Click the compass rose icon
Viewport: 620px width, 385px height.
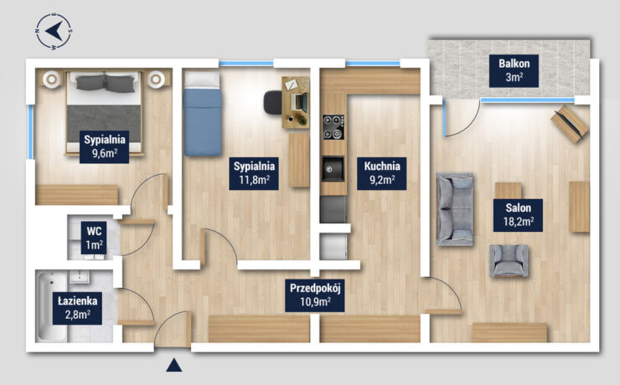tap(54, 31)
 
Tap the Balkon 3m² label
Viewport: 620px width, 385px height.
tap(514, 70)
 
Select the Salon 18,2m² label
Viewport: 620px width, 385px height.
tap(518, 215)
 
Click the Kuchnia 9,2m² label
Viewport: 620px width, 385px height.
tap(382, 173)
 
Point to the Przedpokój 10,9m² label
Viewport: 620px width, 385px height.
tap(315, 295)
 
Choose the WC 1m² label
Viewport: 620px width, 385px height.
tap(94, 238)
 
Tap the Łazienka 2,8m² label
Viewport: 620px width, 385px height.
tap(77, 308)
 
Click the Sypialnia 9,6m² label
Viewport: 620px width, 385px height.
tap(105, 147)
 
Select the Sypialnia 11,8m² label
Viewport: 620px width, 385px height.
tap(254, 173)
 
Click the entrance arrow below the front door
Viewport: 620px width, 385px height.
tap(174, 366)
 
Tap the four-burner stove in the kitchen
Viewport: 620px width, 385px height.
tap(333, 127)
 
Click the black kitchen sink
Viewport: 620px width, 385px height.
tap(333, 169)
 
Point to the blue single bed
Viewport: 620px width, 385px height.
tap(202, 114)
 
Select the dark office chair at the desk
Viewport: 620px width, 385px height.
tap(273, 102)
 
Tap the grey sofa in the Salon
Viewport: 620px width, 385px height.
tap(455, 209)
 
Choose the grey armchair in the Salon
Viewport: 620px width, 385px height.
tap(509, 260)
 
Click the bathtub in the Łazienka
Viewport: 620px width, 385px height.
tap(52, 306)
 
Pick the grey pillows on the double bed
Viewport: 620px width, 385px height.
tap(105, 84)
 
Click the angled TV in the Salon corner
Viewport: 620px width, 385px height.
tap(570, 124)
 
